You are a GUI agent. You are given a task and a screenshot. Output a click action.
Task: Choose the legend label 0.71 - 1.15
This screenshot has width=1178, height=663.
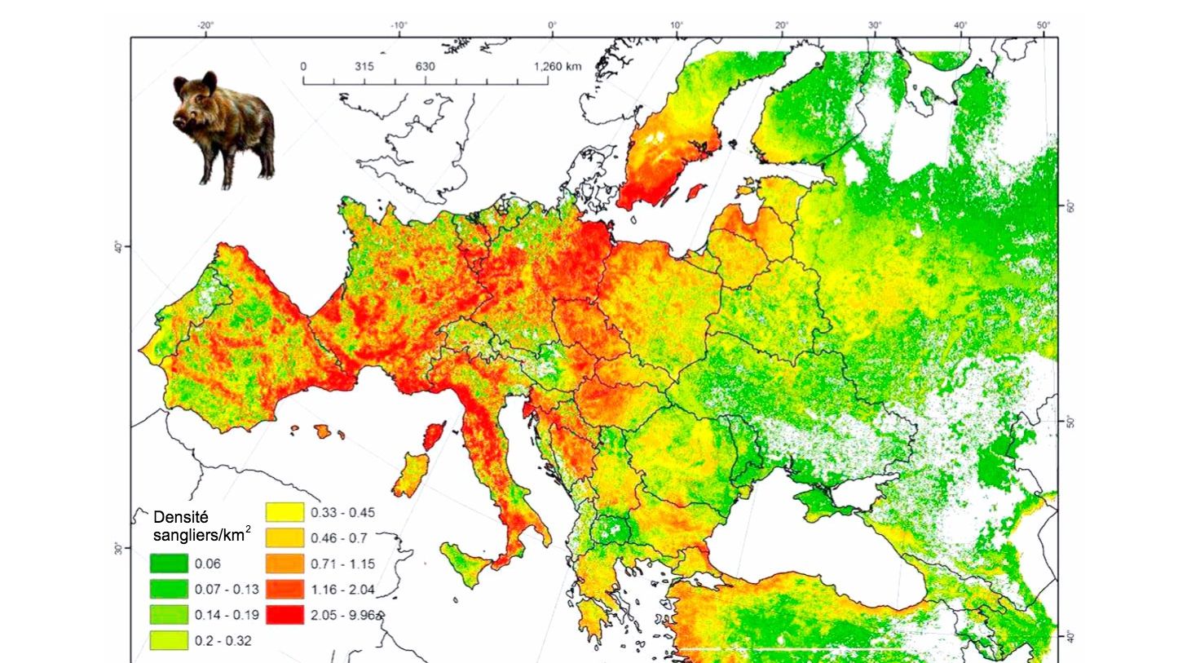[335, 564]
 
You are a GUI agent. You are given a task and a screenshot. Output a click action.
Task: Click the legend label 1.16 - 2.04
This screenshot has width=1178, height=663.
[335, 589]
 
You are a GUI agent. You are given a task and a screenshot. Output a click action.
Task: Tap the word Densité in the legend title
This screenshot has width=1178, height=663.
[181, 517]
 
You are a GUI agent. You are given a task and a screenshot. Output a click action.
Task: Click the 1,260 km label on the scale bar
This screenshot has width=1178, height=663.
[558, 67]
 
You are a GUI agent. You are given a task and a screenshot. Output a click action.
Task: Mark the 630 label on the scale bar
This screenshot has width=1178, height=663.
[425, 67]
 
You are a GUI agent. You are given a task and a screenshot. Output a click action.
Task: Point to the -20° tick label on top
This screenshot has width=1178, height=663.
[205, 25]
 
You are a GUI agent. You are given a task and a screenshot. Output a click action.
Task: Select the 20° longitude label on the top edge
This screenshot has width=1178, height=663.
[782, 25]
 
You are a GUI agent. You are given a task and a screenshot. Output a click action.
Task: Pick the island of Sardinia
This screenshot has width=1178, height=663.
[412, 475]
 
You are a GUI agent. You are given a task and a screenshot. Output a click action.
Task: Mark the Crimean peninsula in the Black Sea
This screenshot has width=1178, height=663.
[823, 499]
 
